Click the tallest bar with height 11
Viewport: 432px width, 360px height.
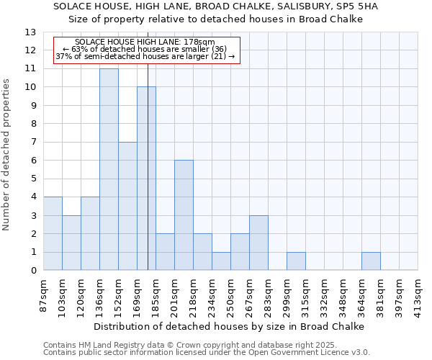tap(109, 169)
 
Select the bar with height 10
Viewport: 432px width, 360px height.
tap(146, 179)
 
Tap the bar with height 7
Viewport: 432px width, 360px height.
tap(127, 206)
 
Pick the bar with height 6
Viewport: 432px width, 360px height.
tap(184, 215)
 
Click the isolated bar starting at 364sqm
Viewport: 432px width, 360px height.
tap(371, 261)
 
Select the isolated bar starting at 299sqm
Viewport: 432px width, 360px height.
tap(296, 261)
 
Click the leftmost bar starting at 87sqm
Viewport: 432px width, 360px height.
tap(53, 233)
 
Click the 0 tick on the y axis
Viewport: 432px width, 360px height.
tap(33, 271)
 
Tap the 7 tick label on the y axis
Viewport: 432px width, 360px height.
tap(33, 143)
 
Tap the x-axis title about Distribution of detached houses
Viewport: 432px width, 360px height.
tap(230, 326)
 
